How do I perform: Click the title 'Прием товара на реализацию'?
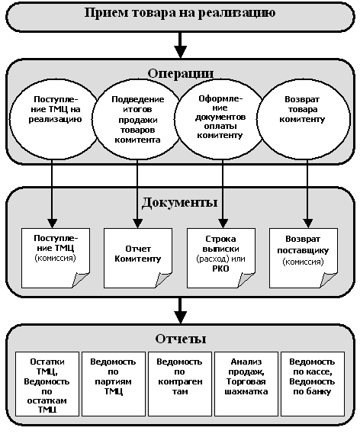(x=180, y=13)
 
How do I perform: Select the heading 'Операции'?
(x=181, y=73)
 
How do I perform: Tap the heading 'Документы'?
(x=179, y=202)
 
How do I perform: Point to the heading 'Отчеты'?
(x=181, y=339)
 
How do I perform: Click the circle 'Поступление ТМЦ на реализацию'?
(x=55, y=120)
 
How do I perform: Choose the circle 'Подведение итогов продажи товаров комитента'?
(x=137, y=120)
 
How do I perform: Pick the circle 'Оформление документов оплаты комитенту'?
(x=220, y=120)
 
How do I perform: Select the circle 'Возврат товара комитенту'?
(x=304, y=120)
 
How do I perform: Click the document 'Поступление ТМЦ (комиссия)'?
(x=56, y=258)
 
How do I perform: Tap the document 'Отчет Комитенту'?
(x=138, y=258)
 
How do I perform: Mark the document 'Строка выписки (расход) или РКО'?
(x=221, y=258)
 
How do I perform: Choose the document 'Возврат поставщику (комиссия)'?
(x=304, y=258)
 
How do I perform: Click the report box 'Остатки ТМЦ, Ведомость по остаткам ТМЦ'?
(x=47, y=384)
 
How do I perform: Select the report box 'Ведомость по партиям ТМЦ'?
(x=114, y=384)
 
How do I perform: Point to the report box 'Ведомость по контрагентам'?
(x=180, y=384)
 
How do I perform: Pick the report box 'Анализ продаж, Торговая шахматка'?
(x=246, y=384)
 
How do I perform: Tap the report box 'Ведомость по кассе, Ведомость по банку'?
(x=313, y=384)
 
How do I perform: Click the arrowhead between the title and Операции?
(x=181, y=52)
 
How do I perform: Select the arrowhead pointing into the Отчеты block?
(x=181, y=317)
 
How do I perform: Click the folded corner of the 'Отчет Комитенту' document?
(x=163, y=280)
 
